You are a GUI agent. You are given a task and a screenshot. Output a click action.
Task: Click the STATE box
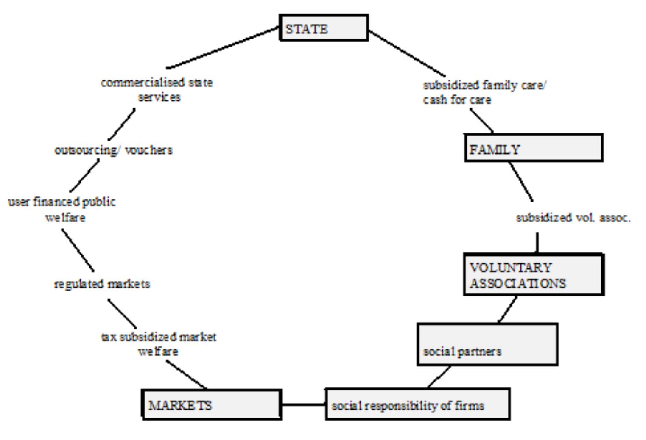324,28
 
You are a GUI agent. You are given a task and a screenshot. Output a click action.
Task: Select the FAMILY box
534,148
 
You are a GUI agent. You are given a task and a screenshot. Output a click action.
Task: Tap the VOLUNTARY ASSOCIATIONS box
534,274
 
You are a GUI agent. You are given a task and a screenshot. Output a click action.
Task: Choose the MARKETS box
212,405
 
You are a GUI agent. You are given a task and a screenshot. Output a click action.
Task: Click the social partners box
487,344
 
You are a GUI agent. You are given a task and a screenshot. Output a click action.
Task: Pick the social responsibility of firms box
417,404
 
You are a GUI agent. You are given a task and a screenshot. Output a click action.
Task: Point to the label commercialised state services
157,89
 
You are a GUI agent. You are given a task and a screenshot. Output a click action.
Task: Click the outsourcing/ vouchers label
114,150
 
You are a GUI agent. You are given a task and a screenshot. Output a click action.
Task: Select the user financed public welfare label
62,209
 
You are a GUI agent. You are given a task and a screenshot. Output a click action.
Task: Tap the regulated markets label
102,284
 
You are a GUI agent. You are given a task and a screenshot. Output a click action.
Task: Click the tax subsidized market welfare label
159,344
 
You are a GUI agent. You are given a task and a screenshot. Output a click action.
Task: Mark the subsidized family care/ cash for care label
484,92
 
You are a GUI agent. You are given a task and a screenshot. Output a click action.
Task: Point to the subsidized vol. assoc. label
573,218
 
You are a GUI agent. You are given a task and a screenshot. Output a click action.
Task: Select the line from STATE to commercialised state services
223,48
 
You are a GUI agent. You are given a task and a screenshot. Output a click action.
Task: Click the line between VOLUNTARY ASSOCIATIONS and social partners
508,309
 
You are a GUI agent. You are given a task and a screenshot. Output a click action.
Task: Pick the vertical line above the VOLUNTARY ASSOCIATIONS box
537,243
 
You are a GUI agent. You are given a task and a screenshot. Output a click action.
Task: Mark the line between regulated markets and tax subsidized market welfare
122,313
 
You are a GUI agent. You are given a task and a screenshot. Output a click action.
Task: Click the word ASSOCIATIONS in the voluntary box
517,283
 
